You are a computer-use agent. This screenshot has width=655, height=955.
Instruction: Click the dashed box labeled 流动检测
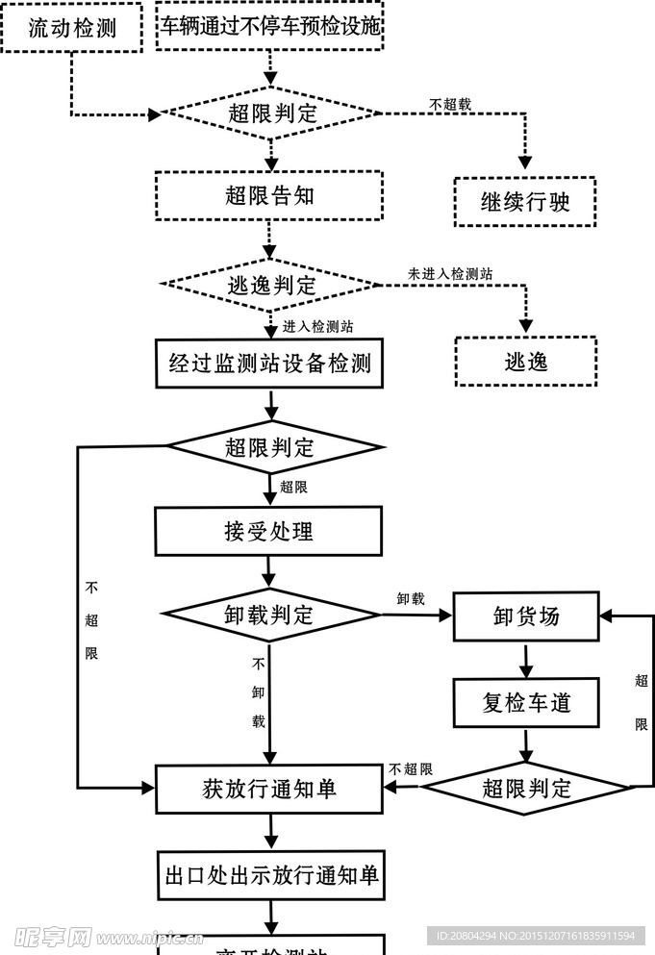71,28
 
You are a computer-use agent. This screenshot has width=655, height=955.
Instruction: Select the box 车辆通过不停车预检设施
270,27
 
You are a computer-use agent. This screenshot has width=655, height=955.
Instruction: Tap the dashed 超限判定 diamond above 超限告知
271,113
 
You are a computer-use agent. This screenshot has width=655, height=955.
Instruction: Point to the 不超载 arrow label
450,104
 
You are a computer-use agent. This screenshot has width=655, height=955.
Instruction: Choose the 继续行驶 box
525,202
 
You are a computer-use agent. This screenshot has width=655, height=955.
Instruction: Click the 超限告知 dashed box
269,196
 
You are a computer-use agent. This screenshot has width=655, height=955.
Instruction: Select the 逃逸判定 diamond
271,285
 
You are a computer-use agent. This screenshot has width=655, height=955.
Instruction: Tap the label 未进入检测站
450,274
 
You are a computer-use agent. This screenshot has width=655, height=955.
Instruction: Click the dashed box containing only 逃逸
525,362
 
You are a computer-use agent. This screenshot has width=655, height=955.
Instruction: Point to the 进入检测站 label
317,327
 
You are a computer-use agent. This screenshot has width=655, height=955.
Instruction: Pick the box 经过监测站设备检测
269,364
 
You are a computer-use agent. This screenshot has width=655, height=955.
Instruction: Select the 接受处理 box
269,531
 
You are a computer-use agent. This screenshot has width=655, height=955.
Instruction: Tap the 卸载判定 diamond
271,615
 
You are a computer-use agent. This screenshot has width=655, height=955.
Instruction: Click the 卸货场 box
525,616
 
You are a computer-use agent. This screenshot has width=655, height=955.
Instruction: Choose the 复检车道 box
525,703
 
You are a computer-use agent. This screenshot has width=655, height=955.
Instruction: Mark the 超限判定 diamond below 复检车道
526,790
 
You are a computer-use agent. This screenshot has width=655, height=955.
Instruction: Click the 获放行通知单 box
269,790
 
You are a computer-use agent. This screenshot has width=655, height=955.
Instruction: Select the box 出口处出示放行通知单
271,875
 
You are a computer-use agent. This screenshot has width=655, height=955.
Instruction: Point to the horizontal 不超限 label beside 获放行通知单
411,769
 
